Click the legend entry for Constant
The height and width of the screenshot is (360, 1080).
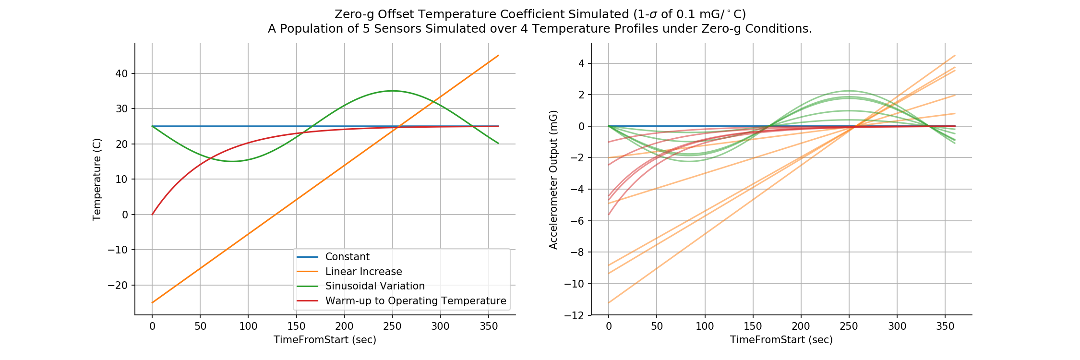click(347, 257)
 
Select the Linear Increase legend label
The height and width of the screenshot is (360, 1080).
click(363, 272)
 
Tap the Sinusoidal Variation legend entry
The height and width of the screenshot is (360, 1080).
click(374, 286)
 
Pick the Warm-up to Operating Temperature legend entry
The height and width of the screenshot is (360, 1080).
click(415, 301)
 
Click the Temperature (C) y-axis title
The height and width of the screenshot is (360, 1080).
click(97, 179)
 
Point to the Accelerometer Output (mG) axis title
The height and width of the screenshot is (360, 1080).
click(553, 179)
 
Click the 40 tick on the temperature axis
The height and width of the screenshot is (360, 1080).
click(121, 73)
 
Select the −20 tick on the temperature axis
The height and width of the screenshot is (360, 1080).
click(118, 285)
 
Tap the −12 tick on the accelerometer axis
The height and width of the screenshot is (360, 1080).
click(575, 315)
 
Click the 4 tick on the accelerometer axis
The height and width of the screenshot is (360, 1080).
click(581, 63)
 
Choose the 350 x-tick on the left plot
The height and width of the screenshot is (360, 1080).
click(488, 326)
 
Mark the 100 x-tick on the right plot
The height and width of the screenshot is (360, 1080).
click(705, 326)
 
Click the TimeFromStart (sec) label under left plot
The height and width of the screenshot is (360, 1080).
click(325, 340)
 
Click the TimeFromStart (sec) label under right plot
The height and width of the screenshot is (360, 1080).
click(781, 340)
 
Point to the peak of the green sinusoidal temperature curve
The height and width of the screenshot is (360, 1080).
click(393, 91)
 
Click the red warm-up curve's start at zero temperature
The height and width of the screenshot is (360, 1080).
click(153, 214)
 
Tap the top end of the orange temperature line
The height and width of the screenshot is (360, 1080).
click(498, 56)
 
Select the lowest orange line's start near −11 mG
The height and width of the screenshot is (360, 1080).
click(609, 302)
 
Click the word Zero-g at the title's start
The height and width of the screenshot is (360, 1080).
click(354, 14)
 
